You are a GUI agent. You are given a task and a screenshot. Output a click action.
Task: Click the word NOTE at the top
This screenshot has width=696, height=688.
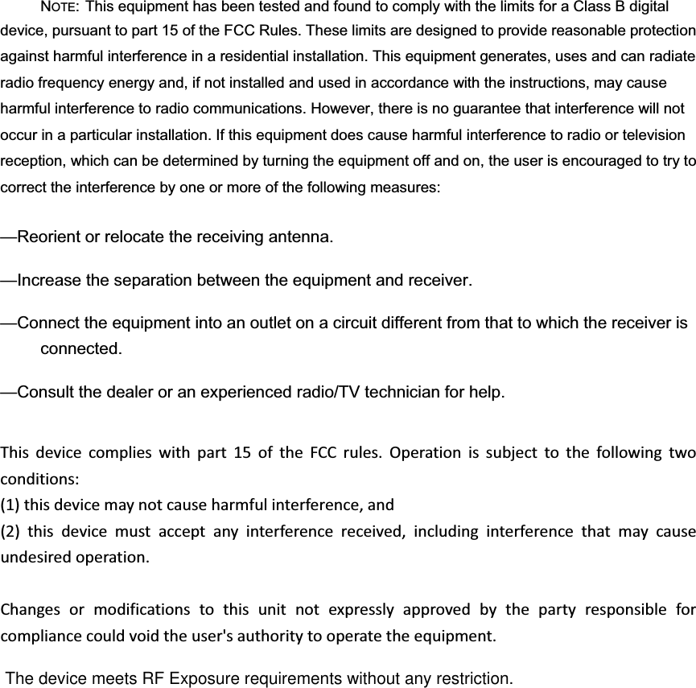point(60,9)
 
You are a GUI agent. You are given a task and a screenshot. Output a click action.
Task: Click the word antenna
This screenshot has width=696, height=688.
point(299,238)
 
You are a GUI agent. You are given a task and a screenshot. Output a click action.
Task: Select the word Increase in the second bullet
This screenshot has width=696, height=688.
point(50,282)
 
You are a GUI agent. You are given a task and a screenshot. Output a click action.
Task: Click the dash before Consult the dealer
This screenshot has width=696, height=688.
point(9,393)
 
